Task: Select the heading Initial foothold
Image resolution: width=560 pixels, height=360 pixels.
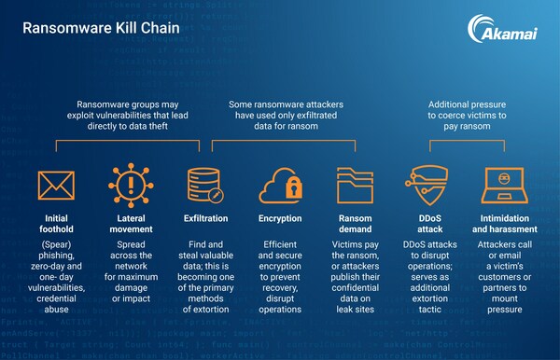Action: (56, 225)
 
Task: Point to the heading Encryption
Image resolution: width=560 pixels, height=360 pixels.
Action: (280, 218)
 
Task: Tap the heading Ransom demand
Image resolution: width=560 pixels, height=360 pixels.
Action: (355, 225)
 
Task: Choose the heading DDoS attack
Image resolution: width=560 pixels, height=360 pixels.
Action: (429, 225)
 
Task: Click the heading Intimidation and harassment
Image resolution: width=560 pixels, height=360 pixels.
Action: (504, 225)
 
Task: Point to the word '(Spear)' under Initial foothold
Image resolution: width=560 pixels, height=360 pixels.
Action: (56, 245)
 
